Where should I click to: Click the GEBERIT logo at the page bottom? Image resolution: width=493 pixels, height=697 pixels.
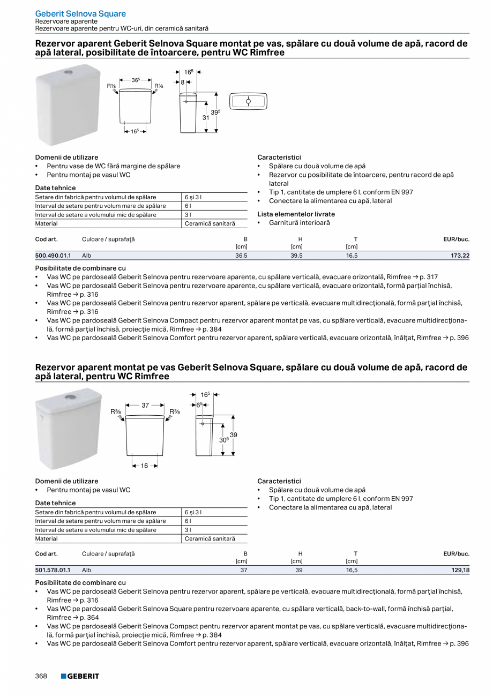point(80,676)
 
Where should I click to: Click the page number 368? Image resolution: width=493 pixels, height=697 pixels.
point(41,676)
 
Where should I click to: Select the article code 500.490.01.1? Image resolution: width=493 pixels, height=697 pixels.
point(53,256)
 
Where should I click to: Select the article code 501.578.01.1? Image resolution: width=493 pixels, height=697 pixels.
point(53,571)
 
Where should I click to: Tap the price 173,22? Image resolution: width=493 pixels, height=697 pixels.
point(460,256)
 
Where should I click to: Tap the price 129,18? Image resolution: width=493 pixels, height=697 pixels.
point(460,571)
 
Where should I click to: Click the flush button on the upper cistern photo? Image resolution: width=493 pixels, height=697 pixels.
point(68,72)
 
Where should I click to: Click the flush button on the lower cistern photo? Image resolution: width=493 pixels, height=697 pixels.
point(70,397)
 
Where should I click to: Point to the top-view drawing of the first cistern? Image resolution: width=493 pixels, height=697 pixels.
point(248,101)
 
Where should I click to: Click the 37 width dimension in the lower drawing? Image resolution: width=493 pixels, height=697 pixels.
point(145,406)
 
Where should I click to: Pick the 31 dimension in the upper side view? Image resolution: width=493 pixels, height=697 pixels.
point(205,117)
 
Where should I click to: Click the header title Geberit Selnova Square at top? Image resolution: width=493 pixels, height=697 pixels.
point(80,13)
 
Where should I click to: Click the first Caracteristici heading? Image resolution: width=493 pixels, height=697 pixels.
point(279,158)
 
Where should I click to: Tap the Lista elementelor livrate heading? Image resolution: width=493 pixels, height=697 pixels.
point(296,214)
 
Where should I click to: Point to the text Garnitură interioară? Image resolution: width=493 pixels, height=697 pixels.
point(299,222)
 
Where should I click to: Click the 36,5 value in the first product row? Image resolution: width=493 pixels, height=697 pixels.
point(241,256)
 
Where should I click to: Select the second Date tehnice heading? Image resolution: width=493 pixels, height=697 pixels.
point(55,503)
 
